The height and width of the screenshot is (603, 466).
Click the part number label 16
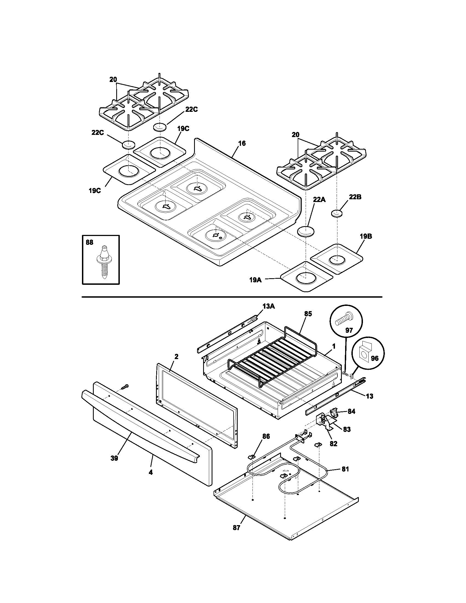(x=241, y=143)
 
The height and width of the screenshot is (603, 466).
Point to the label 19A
(x=255, y=280)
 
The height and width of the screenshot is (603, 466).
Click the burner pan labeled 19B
(x=337, y=259)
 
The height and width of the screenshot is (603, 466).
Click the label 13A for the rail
(x=269, y=306)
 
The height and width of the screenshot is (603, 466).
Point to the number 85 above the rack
(x=308, y=314)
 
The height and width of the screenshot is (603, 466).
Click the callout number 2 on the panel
(x=177, y=356)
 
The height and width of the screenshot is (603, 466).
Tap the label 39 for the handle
(x=114, y=458)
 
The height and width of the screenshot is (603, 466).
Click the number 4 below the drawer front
(x=150, y=473)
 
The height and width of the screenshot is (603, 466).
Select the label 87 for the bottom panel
(x=236, y=528)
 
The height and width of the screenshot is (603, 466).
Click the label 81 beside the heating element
(x=345, y=469)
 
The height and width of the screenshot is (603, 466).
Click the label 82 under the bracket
(x=334, y=444)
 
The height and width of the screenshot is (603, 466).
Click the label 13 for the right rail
(x=370, y=396)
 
